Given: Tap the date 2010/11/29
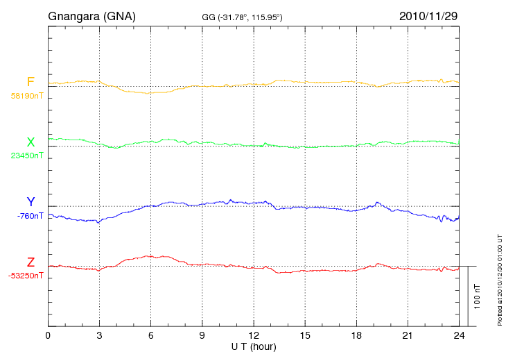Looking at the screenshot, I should coord(428,15).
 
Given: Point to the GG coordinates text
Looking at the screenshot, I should coord(241,16).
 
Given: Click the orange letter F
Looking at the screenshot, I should coord(30,82).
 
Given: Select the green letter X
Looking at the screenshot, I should coord(30,142).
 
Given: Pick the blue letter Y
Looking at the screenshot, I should coord(30,202).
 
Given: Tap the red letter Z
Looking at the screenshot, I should coord(30,262).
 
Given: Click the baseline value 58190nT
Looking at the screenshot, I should coord(26,96).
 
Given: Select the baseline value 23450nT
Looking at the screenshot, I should coord(26,156).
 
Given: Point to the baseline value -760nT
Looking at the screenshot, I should coord(30,215).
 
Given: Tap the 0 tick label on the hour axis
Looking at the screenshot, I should coord(48,335).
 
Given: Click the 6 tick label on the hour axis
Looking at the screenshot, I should coord(150,335).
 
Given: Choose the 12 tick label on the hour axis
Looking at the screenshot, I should coord(254,335).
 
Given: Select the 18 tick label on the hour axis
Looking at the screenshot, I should coord(356,335).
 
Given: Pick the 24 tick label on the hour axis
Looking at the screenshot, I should coord(459,335).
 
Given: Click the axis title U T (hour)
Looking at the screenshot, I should coord(254,346).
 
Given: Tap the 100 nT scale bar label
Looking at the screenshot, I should coord(477,296).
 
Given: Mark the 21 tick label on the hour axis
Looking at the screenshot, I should coord(408,335).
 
